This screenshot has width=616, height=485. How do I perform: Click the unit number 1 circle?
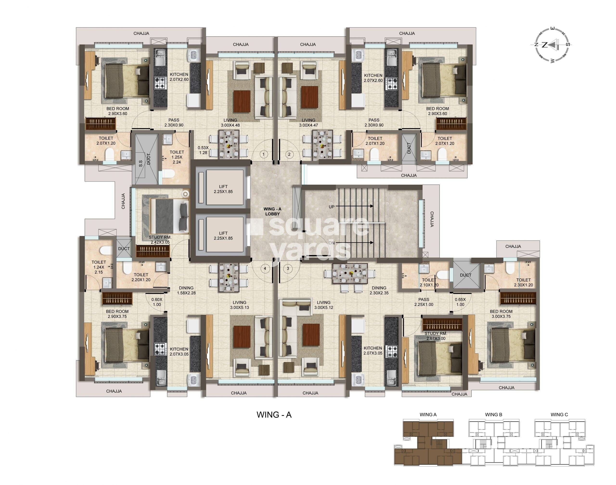[x=264, y=155]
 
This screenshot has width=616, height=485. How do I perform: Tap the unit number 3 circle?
[x=288, y=268]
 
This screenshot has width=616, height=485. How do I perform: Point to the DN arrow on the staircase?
[x=354, y=242]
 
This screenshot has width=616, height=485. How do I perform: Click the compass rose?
[x=551, y=45]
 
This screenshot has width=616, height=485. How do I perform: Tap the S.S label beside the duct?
[x=140, y=164]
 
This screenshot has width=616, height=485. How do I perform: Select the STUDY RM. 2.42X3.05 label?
[x=160, y=240]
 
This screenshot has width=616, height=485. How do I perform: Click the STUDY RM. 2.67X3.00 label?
[x=436, y=336]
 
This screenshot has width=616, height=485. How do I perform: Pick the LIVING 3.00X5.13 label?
[x=239, y=305]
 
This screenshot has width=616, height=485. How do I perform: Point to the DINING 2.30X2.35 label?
[x=379, y=290]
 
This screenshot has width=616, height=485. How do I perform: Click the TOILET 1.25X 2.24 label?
[x=177, y=157]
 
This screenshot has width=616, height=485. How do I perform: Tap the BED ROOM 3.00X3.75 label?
[x=501, y=314]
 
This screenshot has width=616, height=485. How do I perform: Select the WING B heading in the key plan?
[x=494, y=415]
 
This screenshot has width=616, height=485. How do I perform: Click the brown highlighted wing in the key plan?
[x=428, y=443]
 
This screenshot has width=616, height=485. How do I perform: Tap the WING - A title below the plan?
[x=274, y=415]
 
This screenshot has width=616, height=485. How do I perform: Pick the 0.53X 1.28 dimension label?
[x=203, y=150]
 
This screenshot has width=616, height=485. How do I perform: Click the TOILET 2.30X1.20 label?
[x=523, y=283]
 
